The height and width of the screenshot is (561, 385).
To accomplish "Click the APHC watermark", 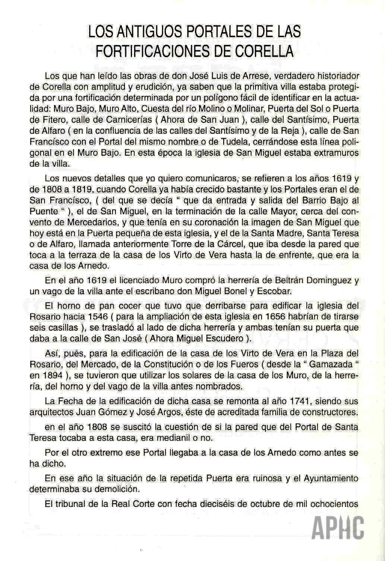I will [338, 527].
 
